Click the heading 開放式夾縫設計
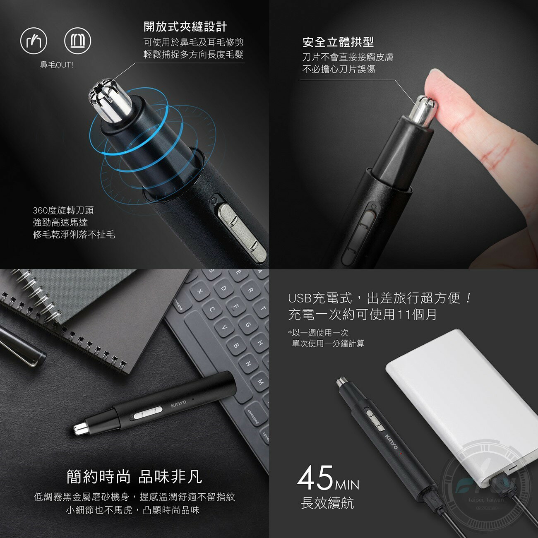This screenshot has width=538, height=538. (185, 27)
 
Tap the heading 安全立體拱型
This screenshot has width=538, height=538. (338, 42)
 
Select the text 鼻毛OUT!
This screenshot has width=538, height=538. (56, 65)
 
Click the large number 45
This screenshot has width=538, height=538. (315, 478)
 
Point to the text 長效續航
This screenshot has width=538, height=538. (327, 503)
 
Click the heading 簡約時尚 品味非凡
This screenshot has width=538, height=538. (134, 477)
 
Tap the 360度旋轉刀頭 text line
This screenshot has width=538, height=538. (63, 211)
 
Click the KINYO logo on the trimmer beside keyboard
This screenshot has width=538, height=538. (179, 403)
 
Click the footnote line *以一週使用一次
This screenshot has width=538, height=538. (318, 332)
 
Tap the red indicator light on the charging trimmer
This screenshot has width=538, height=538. (401, 454)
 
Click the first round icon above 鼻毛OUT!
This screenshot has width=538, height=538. (34, 41)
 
